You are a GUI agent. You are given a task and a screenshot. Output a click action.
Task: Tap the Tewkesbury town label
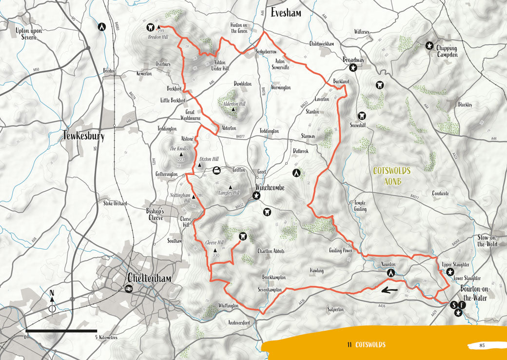83,136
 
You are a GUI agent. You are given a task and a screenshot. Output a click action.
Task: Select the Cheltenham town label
149,278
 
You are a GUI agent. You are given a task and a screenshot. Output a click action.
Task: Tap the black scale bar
61,331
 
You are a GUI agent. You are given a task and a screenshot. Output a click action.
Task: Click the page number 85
482,345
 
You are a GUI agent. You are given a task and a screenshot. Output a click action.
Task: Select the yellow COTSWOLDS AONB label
392,176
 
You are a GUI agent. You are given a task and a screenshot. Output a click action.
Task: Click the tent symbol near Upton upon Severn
102,27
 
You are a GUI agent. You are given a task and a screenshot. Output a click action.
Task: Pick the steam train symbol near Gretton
216,170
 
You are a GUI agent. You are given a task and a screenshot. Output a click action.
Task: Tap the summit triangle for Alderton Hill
234,109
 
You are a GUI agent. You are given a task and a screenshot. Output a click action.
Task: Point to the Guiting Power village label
340,250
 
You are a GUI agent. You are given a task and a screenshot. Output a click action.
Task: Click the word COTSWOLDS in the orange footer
370,345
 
